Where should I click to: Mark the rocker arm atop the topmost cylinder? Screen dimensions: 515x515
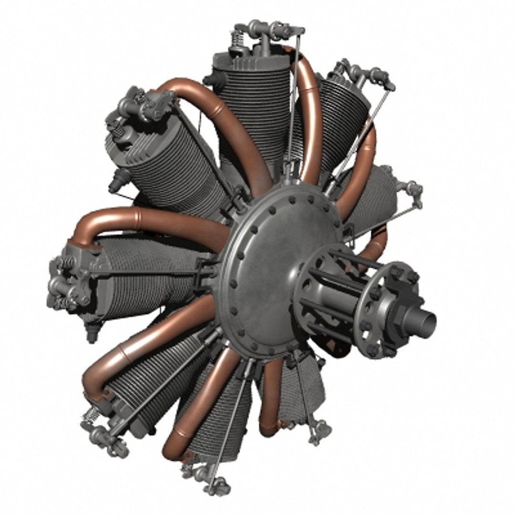267,29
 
